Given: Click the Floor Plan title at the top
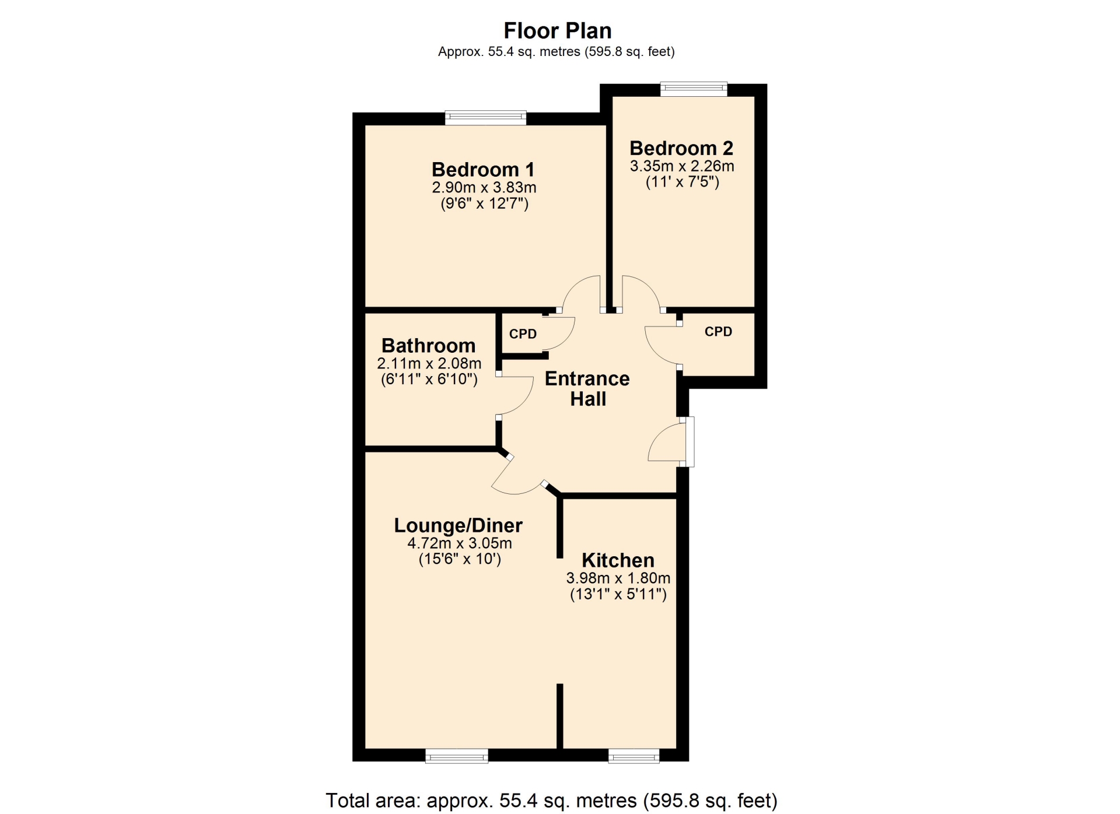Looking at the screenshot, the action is coord(558,30).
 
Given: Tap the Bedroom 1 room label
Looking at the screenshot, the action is coord(483,170).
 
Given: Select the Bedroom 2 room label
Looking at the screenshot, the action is coord(681,148).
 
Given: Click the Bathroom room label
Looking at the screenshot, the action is coord(429,346).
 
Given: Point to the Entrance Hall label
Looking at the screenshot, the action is coord(587,389).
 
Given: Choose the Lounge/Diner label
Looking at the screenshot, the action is coord(459,525).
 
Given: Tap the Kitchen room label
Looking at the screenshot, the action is coord(618,560).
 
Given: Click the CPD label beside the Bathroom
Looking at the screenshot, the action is coord(523,334).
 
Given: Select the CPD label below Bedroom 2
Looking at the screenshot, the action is coord(718,332).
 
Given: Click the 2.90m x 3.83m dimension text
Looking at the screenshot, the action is coord(484,188).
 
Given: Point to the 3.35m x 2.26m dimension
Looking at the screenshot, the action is coord(682,166).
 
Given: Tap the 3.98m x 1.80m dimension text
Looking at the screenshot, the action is coord(618,578).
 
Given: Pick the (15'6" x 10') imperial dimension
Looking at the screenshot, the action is coord(460,559).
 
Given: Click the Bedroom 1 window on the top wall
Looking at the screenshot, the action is coord(485,118).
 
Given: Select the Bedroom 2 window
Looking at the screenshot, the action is coord(694,89).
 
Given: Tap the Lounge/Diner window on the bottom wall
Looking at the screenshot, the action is coord(457,756).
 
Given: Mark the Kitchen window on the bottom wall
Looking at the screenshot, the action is coord(633,756).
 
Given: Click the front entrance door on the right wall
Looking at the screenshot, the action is coord(689,441).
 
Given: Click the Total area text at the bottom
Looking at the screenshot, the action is coord(551,801).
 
